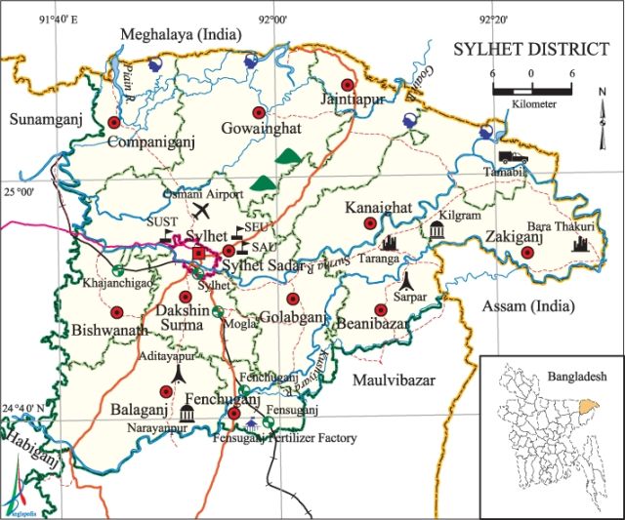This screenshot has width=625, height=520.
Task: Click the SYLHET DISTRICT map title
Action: point(524,49)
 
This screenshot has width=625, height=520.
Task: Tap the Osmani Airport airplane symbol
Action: point(202,210)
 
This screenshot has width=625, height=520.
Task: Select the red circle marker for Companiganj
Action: point(114,123)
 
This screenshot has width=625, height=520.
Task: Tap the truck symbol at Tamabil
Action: point(510,157)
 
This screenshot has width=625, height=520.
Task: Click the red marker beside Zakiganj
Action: point(527,253)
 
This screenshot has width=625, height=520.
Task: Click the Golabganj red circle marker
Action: point(292,300)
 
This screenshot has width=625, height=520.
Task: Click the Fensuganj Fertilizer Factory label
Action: point(284,438)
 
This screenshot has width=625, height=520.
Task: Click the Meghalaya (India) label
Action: point(181,35)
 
